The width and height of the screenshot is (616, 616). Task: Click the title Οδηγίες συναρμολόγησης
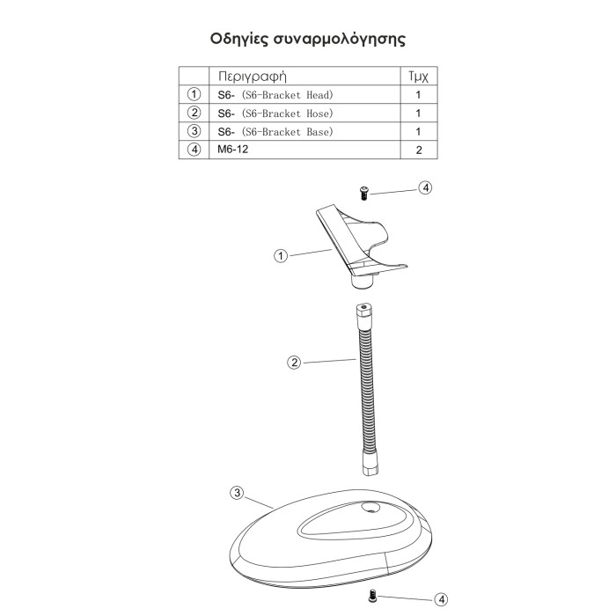tap(308, 40)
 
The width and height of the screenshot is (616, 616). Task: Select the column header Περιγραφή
tap(253, 76)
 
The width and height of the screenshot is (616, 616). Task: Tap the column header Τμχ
tap(418, 76)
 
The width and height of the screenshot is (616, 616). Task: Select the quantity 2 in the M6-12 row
tap(419, 150)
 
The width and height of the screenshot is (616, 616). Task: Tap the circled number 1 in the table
tap(194, 94)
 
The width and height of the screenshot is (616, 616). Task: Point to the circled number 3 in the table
tap(194, 131)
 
